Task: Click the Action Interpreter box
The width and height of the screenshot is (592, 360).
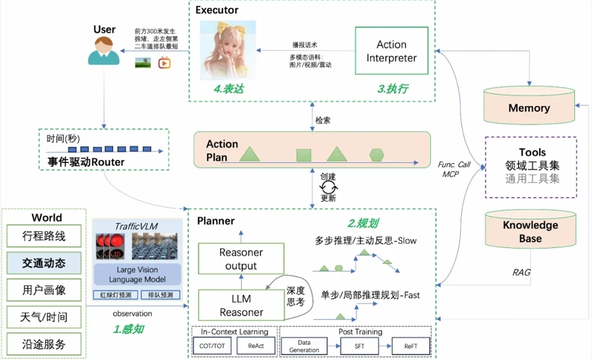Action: [x=391, y=51]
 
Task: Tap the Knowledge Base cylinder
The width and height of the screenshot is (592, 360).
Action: [x=530, y=230]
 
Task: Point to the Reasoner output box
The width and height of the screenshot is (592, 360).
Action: [x=241, y=259]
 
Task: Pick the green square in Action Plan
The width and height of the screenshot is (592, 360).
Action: [x=304, y=155]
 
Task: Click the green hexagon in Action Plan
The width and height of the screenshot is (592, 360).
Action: [x=377, y=155]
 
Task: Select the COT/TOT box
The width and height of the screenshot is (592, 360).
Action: [x=213, y=346]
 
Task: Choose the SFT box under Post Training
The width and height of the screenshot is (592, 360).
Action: [x=360, y=346]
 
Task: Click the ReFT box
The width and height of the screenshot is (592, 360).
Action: [x=410, y=346]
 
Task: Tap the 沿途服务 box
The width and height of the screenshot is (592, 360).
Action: [x=44, y=343]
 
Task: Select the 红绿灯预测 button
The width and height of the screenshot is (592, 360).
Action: [x=115, y=295]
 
